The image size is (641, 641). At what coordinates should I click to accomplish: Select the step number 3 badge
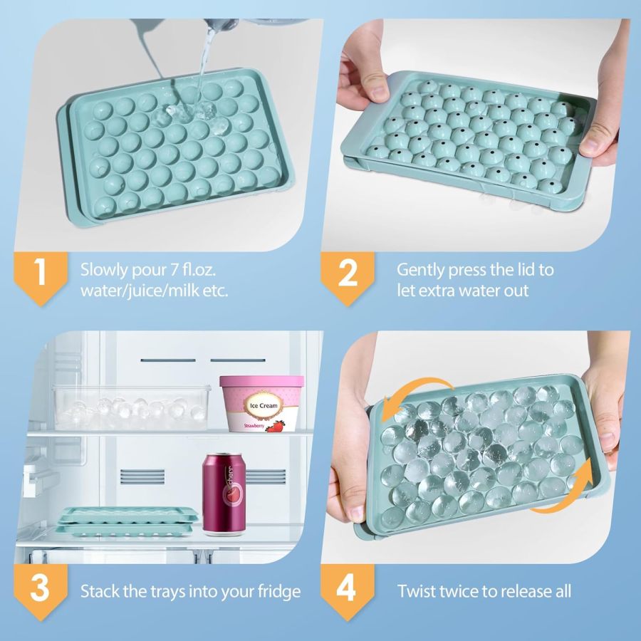pyautogui.click(x=40, y=590)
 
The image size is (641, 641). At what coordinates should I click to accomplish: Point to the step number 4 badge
pyautogui.click(x=347, y=590)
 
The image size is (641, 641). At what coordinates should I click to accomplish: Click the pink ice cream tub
pyautogui.click(x=261, y=403)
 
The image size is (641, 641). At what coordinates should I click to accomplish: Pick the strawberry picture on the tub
pyautogui.click(x=276, y=426)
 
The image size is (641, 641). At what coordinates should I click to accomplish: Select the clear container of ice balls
pyautogui.click(x=132, y=407)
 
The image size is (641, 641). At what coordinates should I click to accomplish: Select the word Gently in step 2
pyautogui.click(x=422, y=270)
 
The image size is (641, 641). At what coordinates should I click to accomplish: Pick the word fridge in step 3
pyautogui.click(x=278, y=591)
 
